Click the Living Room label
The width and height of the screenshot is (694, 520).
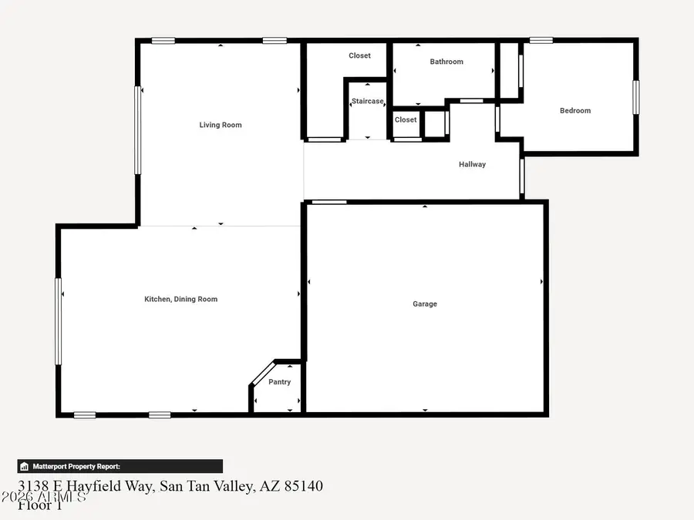[221, 125]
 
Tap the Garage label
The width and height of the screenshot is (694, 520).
[425, 304]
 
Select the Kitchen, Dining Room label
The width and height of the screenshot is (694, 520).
[181, 299]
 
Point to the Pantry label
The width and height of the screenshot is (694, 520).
[279, 382]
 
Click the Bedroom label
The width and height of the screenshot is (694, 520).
[575, 111]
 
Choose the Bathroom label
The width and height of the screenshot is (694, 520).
[446, 62]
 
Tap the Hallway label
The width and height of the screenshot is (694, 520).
[472, 164]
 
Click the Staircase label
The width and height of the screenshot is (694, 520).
[367, 102]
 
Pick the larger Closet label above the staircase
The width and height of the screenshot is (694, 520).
[359, 55]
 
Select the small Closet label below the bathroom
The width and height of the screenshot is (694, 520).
[406, 120]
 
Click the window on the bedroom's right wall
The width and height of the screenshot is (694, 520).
[636, 98]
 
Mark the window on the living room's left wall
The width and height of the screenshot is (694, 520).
[138, 129]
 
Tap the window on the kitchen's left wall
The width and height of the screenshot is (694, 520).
[58, 321]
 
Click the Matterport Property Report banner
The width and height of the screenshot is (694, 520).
[120, 466]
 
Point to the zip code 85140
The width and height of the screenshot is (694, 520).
[303, 486]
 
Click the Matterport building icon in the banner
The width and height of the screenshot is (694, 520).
[25, 466]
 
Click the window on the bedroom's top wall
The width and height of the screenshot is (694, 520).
[541, 40]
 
